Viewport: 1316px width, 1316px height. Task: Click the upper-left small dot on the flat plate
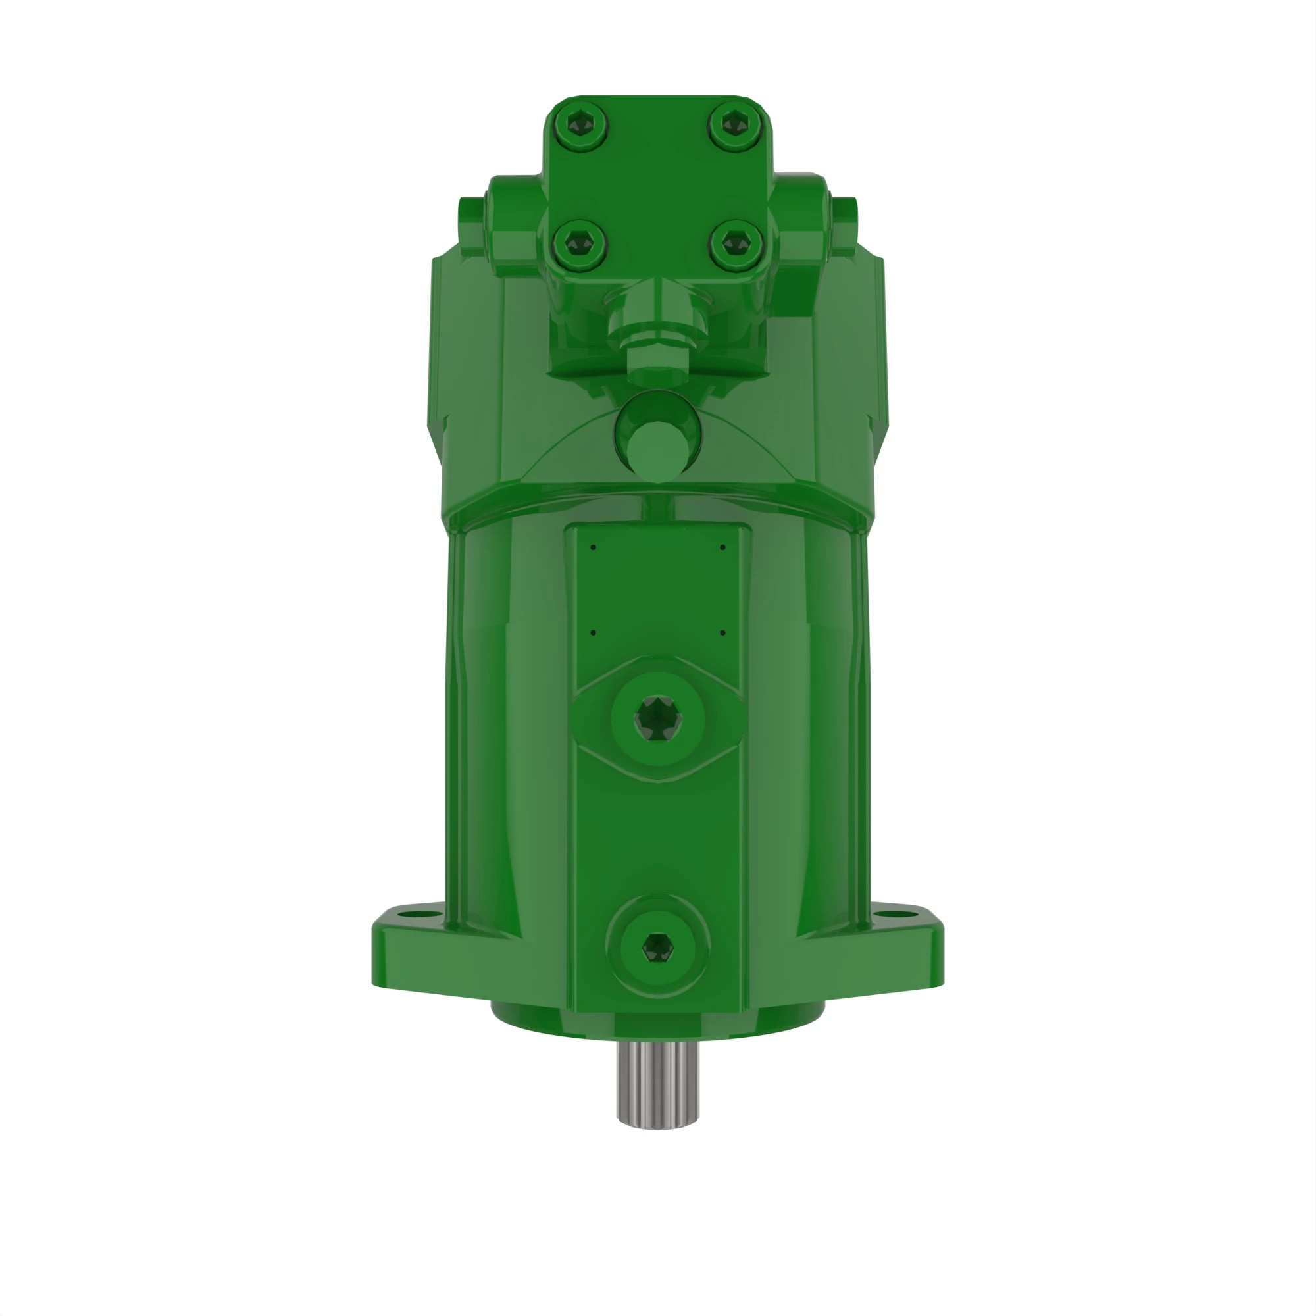point(594,547)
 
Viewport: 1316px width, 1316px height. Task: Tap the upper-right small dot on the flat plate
point(722,547)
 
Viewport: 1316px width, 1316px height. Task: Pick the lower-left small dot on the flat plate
point(594,633)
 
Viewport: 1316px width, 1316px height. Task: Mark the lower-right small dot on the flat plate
point(722,633)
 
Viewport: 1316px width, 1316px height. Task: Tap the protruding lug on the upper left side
point(471,225)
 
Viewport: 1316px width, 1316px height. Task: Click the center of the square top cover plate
point(657,184)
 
